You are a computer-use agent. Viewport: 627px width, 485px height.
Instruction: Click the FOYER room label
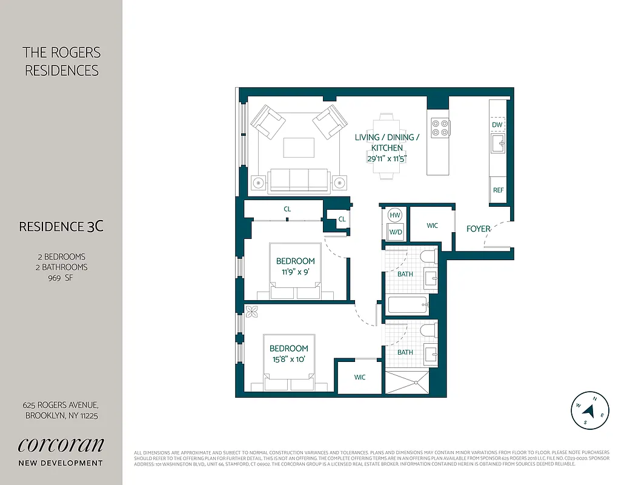[478, 229]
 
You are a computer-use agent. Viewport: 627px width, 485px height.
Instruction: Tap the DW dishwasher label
[497, 124]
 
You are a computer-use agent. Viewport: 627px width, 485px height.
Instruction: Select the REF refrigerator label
[498, 190]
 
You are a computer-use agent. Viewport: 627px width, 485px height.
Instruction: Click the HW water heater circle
[395, 215]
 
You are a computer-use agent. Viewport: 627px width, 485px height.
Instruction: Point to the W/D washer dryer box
[395, 232]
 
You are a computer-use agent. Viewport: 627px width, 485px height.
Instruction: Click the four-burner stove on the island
[440, 127]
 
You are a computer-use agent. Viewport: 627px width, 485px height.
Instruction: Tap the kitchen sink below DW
[497, 144]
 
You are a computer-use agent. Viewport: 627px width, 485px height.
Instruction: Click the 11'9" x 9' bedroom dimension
[296, 272]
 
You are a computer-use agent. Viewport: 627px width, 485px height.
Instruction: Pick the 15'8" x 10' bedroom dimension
[288, 359]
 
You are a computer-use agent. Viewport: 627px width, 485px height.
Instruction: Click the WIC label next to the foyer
[432, 226]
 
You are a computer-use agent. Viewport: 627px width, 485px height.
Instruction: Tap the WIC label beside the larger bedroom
[360, 377]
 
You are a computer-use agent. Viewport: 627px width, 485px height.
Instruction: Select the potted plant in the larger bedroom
[251, 312]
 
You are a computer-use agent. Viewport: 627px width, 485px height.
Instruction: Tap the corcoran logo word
[61, 444]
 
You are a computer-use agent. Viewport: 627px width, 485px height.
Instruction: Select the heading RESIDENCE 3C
[61, 227]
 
